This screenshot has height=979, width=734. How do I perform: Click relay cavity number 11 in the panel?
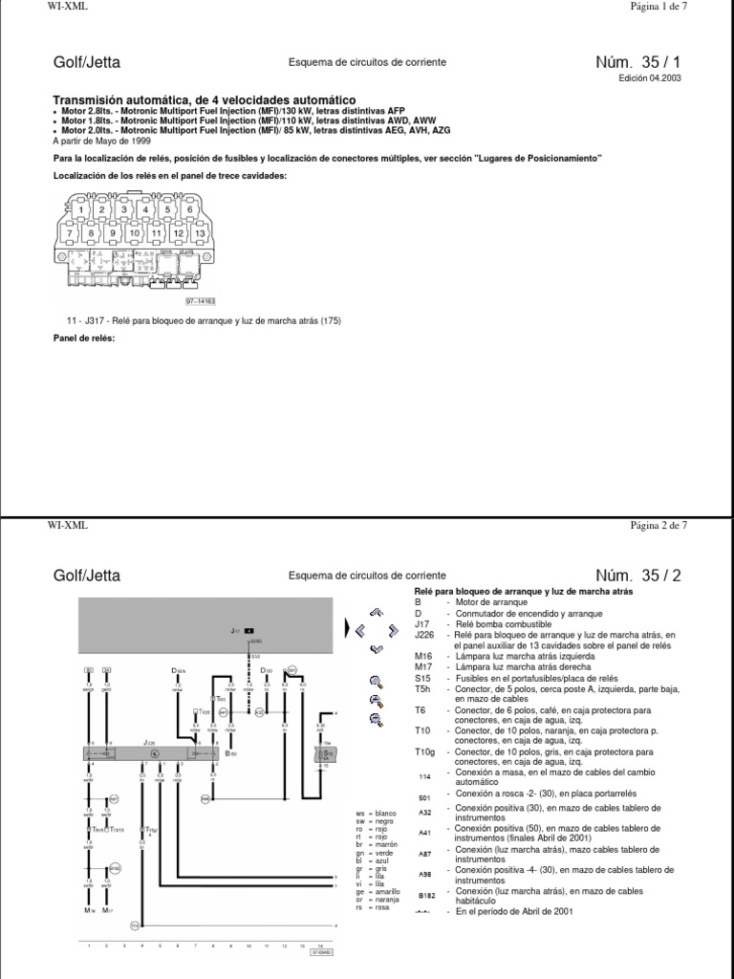click(x=157, y=232)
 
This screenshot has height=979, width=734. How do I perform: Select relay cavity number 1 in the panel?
click(x=83, y=208)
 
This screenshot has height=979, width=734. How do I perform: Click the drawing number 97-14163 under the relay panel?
click(x=199, y=299)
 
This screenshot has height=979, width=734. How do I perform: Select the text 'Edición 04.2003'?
click(x=657, y=80)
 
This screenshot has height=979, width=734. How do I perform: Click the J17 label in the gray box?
click(x=235, y=632)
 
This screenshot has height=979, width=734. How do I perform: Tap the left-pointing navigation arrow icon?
click(x=360, y=631)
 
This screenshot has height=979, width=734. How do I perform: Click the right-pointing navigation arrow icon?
click(x=393, y=631)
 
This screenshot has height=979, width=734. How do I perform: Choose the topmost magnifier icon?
click(x=377, y=682)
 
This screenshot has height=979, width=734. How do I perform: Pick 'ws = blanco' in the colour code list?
click(x=376, y=813)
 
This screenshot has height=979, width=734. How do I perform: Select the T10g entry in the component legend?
click(x=424, y=752)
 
